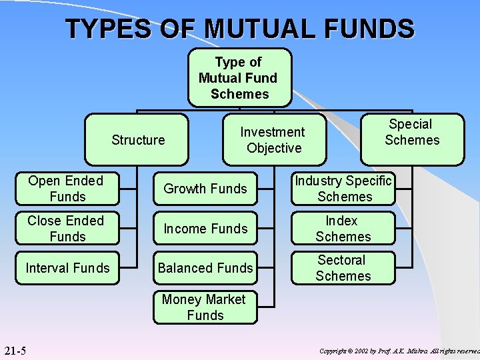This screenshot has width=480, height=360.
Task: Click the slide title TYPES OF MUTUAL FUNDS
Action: [x=240, y=29]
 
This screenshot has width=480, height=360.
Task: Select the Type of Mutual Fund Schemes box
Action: [x=239, y=78]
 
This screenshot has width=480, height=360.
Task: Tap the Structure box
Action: [x=138, y=139]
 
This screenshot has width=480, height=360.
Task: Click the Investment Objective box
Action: [x=273, y=140]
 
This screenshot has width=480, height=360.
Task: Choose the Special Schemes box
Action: [x=412, y=133]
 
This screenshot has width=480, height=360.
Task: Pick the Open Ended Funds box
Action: [x=67, y=189]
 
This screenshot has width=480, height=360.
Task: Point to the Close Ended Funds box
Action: [x=67, y=229]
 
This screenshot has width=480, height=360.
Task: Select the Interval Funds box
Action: [x=67, y=268]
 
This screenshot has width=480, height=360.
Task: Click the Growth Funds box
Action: [x=205, y=189]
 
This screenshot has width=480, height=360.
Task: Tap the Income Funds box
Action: [x=205, y=229]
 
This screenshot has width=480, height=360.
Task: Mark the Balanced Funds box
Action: [x=205, y=268]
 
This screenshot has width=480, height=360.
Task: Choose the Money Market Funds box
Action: [x=205, y=307]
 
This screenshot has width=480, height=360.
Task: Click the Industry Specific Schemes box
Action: [x=343, y=189]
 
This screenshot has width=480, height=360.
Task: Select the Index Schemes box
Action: [x=343, y=229]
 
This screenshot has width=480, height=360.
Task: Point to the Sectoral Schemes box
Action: [x=343, y=268]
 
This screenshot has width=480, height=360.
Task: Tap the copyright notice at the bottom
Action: [x=399, y=351]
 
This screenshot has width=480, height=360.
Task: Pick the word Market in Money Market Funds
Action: [x=223, y=299]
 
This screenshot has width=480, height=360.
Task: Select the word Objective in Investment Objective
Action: [x=274, y=148]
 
